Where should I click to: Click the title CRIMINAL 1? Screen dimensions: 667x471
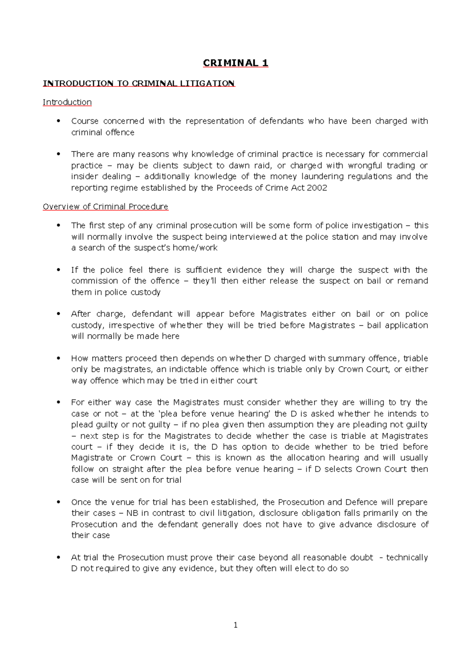pos(235,63)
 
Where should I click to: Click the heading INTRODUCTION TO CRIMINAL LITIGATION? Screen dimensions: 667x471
pos(139,83)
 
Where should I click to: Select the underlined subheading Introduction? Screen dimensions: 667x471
pos(67,102)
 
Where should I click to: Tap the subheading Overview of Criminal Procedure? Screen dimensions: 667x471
pos(105,207)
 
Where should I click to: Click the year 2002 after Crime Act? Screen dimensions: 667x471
pos(318,188)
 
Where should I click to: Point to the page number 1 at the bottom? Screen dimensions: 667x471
pos(235,625)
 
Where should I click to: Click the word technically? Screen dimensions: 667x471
pos(407,557)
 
